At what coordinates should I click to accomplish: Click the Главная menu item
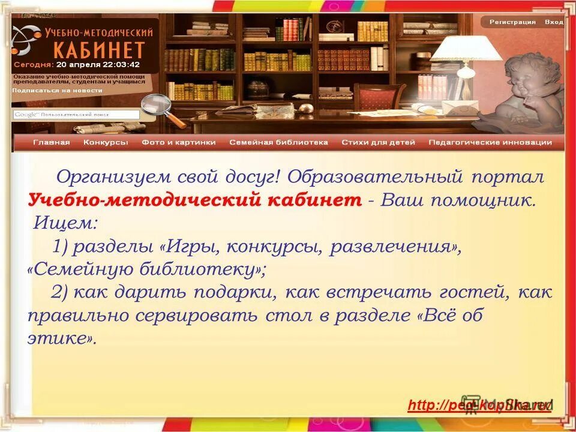[52, 142]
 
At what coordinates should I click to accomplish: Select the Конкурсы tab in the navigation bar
[106, 142]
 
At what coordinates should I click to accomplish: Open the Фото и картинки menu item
[179, 142]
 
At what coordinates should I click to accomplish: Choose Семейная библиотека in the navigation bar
[278, 142]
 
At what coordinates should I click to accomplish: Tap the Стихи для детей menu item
[378, 142]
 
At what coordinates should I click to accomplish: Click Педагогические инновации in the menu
[490, 142]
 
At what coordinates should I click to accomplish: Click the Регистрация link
[512, 22]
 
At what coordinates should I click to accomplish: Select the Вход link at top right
[554, 22]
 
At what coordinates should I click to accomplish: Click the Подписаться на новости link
[58, 91]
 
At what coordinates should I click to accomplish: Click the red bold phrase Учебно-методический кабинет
[195, 200]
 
